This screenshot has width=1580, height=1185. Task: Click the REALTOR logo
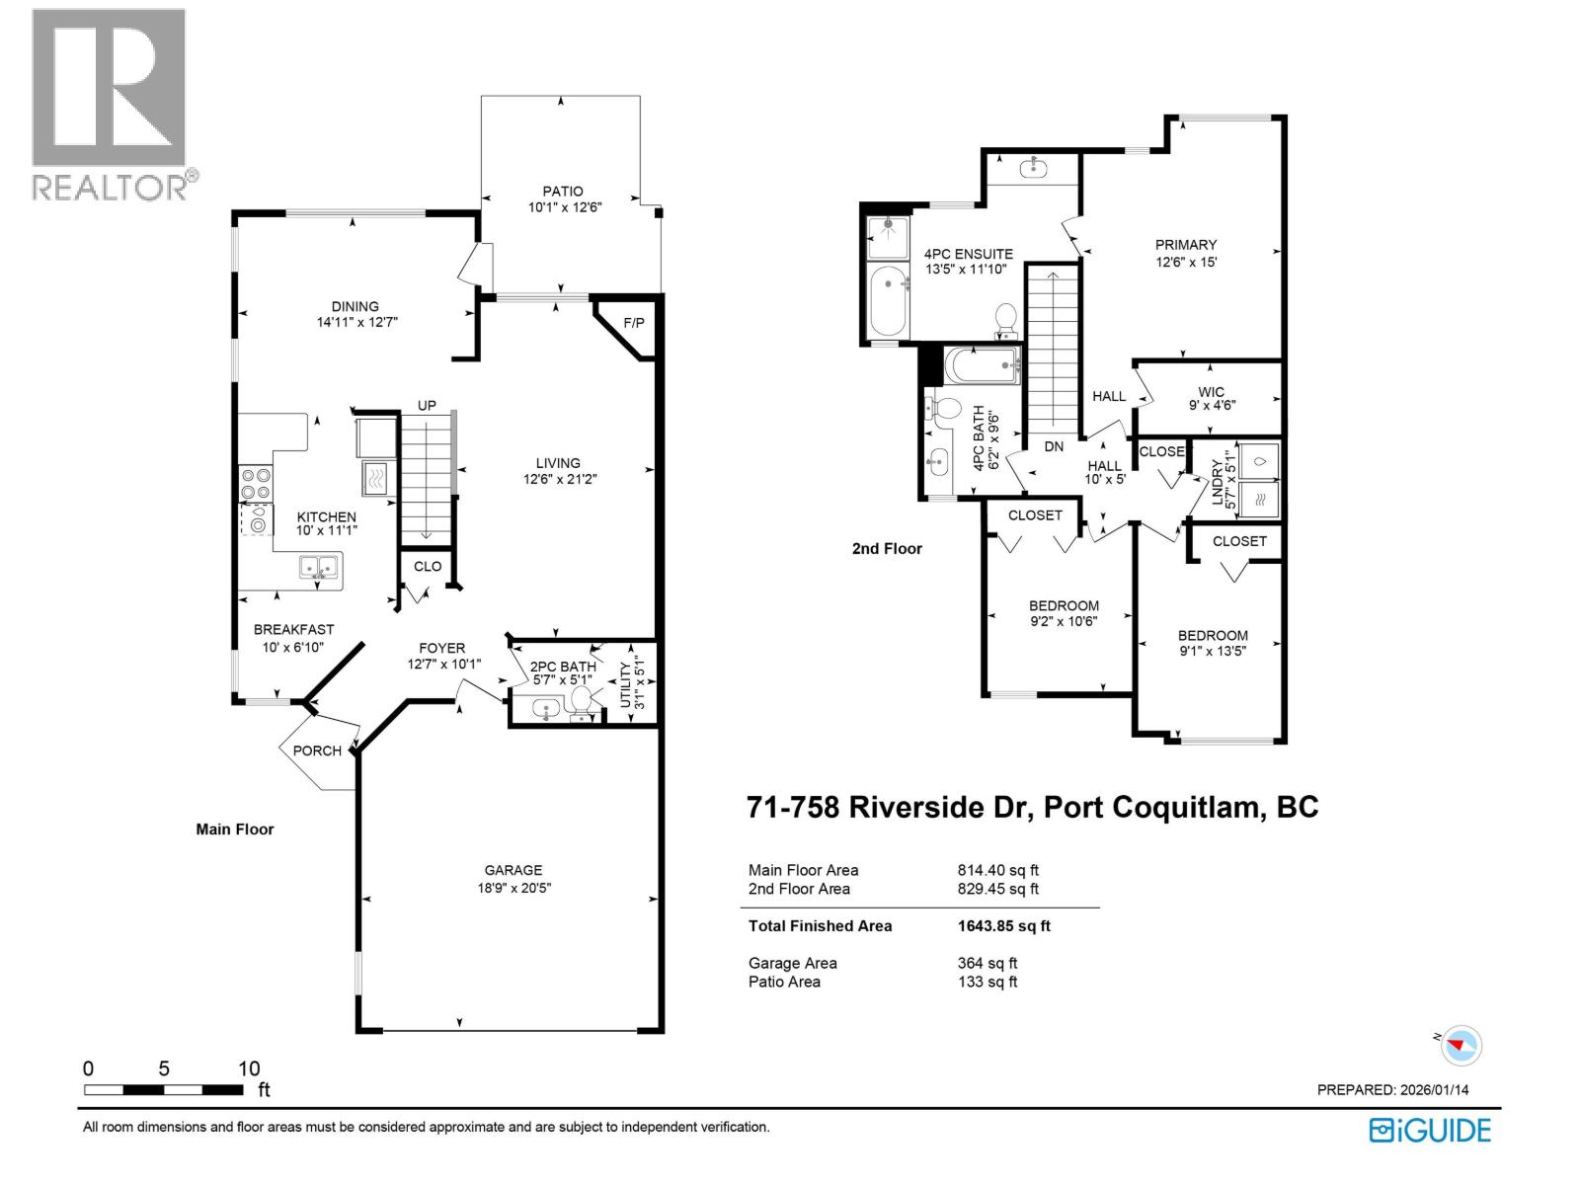109,104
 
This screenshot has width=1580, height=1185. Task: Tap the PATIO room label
563,192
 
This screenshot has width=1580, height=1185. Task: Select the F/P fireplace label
633,324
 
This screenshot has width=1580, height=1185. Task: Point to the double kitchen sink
319,567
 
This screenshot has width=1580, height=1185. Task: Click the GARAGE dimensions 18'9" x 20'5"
513,888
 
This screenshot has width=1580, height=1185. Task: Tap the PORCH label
317,750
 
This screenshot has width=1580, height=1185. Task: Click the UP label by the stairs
427,406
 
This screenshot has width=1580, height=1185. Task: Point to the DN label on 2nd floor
1054,446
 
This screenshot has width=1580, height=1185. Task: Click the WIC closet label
1212,392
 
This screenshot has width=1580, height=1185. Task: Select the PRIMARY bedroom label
1186,245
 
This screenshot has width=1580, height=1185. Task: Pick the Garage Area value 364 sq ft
987,963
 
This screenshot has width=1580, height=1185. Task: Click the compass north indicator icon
1461,1044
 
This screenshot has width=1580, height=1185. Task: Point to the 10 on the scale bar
249,1068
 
